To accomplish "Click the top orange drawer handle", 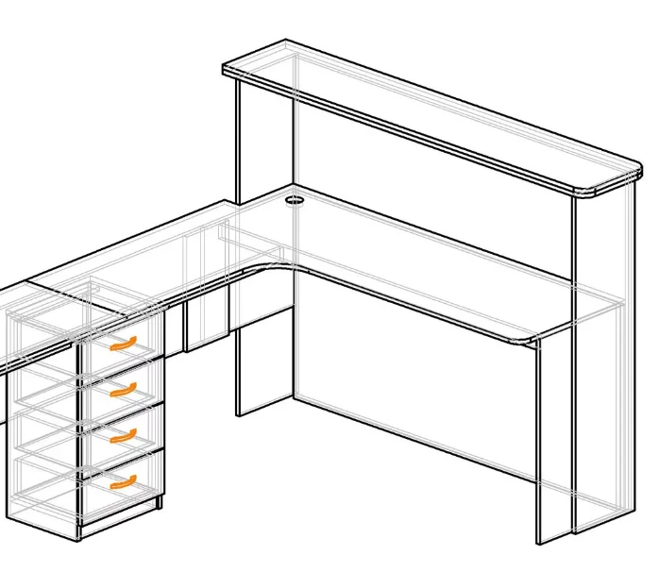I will (x=123, y=344).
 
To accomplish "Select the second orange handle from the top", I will (x=123, y=389).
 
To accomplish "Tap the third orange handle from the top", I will (x=123, y=435).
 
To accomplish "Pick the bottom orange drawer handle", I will (x=123, y=482).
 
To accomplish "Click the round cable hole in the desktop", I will (x=294, y=200).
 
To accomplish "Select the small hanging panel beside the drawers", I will (x=208, y=321).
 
